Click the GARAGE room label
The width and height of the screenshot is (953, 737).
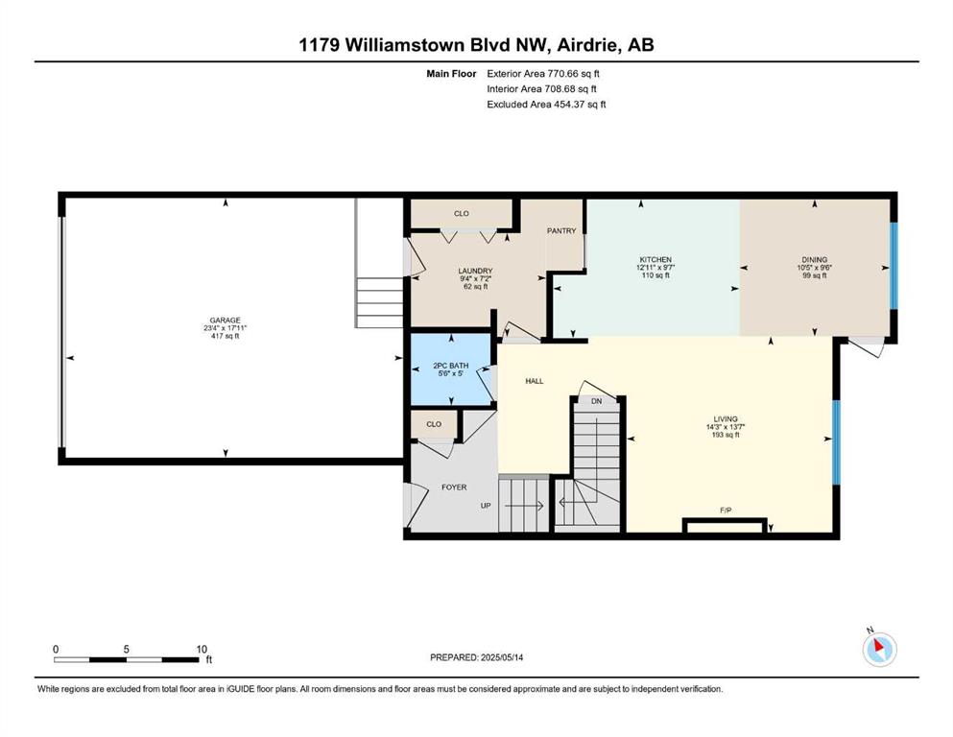[x=225, y=321]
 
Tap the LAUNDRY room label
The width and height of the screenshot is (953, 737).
[x=475, y=271]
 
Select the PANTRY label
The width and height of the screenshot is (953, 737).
[x=561, y=231]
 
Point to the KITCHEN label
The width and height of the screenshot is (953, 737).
[x=655, y=259]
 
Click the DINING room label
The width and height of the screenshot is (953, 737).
[x=815, y=259]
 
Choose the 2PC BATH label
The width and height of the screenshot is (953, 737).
[x=451, y=366]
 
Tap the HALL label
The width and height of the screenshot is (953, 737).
[x=535, y=381]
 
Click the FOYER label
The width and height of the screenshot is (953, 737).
[x=454, y=487]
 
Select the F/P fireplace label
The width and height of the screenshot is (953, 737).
[x=726, y=511]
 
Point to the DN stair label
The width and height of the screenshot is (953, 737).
[x=597, y=402]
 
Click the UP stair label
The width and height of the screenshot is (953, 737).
[x=486, y=506]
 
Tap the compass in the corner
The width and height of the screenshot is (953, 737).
[x=879, y=649]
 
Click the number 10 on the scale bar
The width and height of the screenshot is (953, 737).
[x=202, y=649]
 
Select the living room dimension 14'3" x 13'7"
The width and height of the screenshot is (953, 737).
[x=726, y=427]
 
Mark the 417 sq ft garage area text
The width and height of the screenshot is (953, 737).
[x=225, y=336]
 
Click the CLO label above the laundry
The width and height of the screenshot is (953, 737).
[x=462, y=214]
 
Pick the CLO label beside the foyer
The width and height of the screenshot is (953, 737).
[x=434, y=424]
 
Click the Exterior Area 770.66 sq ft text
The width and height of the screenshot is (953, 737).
[x=543, y=74]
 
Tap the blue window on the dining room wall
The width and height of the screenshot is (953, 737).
[x=893, y=266]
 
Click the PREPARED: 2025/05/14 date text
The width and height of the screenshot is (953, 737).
[x=476, y=657]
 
